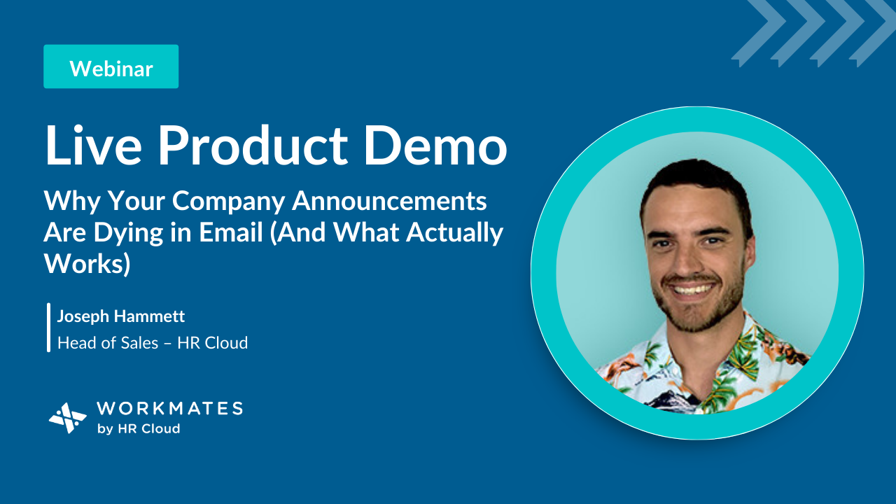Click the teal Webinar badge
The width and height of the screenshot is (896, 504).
[x=111, y=66]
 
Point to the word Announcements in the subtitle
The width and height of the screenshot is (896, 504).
[x=389, y=200]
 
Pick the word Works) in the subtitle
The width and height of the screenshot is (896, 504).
[x=87, y=264]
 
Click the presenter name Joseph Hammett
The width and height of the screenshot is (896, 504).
[x=121, y=316]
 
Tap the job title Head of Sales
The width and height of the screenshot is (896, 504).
[x=108, y=343]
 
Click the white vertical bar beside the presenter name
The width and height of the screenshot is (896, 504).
[x=49, y=328]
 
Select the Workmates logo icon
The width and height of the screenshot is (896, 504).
[x=68, y=418]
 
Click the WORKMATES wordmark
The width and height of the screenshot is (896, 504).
[x=169, y=408]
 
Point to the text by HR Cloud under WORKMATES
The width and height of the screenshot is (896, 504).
[x=139, y=429]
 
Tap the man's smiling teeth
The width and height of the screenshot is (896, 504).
[x=691, y=289]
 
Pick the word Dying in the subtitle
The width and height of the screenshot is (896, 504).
[x=128, y=233]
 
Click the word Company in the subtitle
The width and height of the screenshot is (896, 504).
[x=229, y=201]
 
